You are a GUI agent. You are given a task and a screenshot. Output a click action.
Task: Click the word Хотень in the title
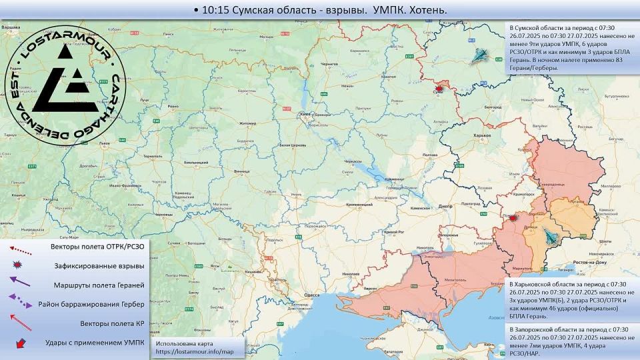pyautogui.click(x=426, y=10)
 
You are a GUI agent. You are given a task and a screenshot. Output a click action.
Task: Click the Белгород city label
pyautogui.click(x=493, y=107)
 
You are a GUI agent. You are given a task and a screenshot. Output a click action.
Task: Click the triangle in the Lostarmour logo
pyautogui.click(x=59, y=88)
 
